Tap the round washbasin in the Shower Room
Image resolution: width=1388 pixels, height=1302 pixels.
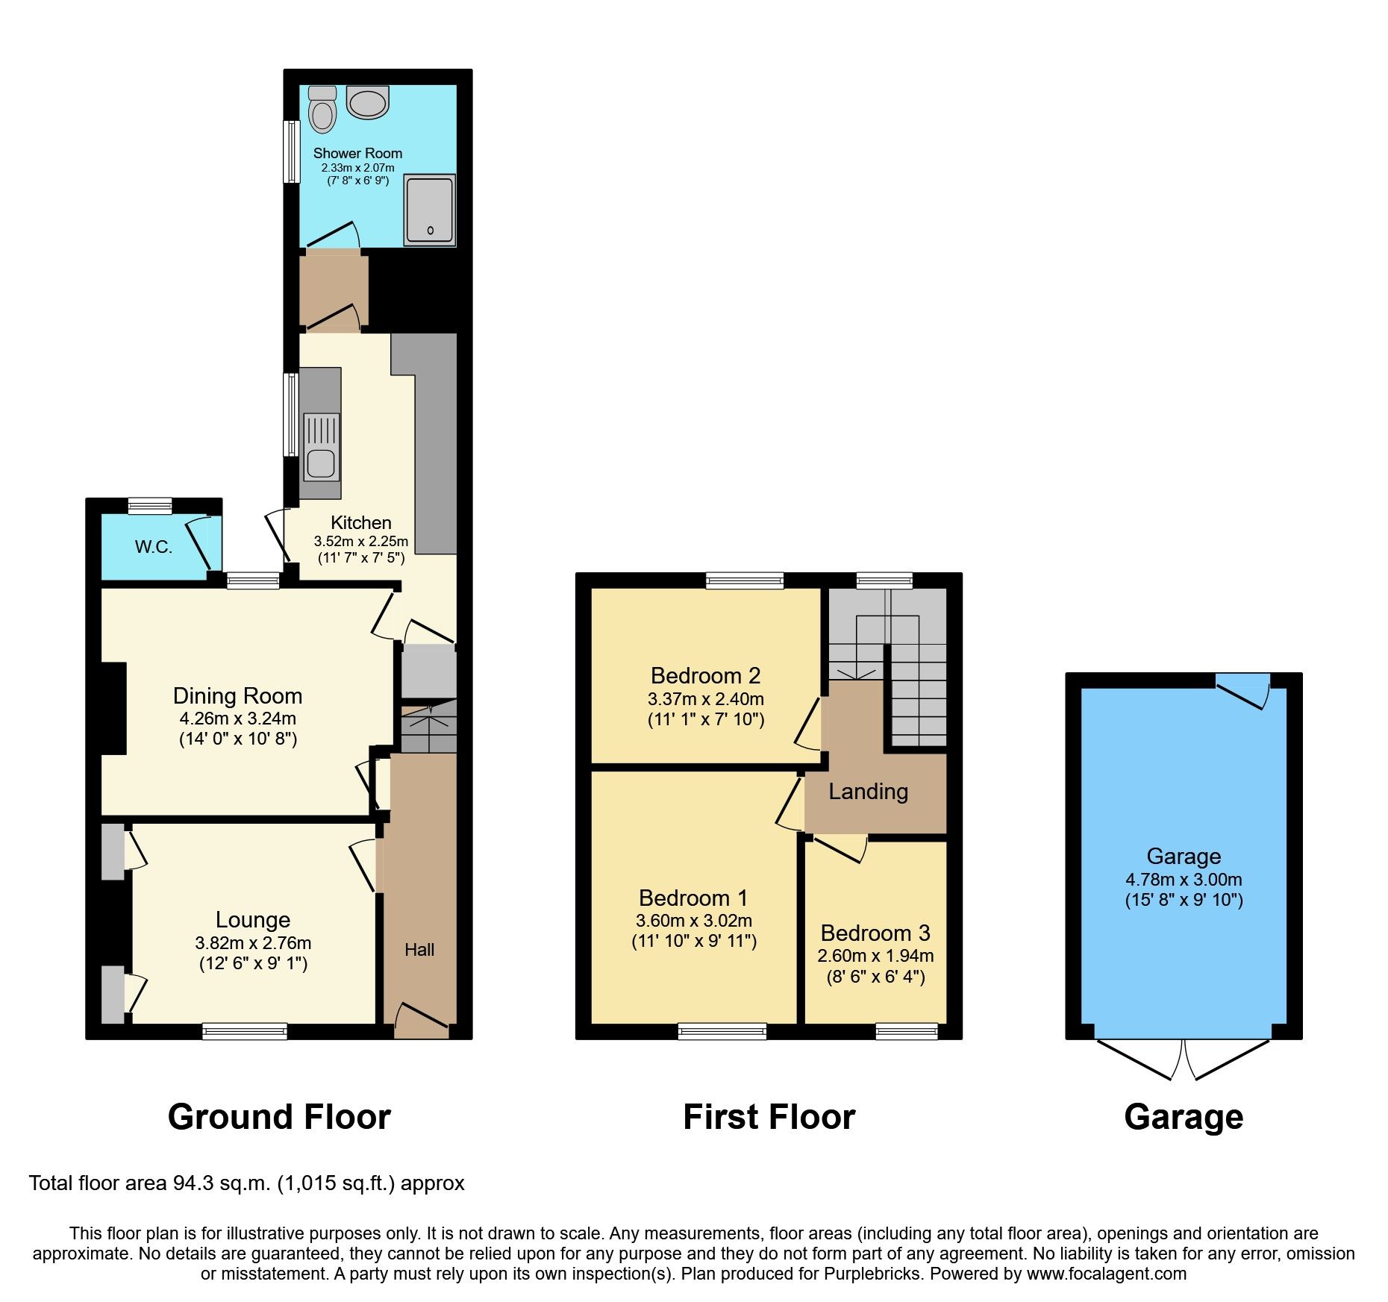pos(367,102)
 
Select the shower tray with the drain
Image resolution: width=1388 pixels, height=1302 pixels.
pos(430,210)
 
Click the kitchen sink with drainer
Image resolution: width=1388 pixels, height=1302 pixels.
pos(321,448)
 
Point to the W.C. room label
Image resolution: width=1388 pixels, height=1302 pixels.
pos(154,547)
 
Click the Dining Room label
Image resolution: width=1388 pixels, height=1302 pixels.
pos(237,696)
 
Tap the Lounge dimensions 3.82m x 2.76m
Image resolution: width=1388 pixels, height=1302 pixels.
pos(253,942)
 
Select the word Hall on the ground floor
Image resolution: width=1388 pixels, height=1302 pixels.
pos(419,950)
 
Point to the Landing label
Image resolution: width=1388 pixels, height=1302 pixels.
pos(868,792)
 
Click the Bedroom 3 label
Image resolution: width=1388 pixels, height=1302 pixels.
pos(875,933)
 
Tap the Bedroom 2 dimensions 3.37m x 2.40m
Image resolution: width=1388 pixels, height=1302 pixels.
pos(705,699)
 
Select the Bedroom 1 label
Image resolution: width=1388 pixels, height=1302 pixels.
pos(693,898)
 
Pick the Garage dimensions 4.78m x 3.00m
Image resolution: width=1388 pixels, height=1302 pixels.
pos(1184,880)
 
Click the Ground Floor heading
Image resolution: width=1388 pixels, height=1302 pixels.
pos(279,1117)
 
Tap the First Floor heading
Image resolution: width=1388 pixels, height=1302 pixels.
pos(769,1117)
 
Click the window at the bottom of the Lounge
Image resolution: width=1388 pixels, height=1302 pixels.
pos(245,1031)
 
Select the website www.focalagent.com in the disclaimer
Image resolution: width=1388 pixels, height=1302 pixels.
pos(1106,1274)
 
